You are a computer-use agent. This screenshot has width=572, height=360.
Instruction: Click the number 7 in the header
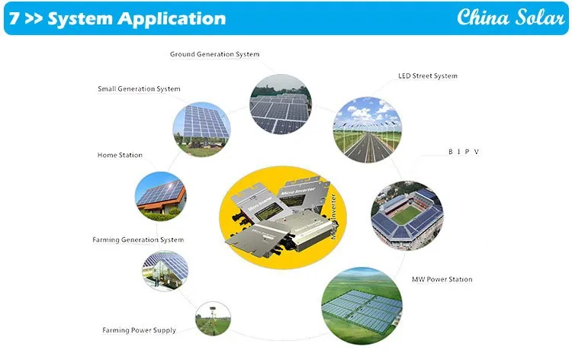click(x=14, y=18)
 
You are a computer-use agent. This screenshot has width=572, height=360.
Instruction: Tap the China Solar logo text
click(x=511, y=17)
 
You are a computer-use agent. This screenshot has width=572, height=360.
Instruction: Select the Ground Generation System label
click(x=214, y=54)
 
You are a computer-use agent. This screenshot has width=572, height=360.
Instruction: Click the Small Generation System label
click(x=139, y=89)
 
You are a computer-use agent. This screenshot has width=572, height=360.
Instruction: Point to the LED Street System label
click(x=428, y=76)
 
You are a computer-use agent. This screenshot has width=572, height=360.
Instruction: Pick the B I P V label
click(x=464, y=151)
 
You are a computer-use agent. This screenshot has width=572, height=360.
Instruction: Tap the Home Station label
click(x=120, y=155)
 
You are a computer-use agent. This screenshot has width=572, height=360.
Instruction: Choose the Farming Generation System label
click(x=138, y=239)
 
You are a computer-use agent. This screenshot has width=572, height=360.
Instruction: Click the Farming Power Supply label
click(x=139, y=330)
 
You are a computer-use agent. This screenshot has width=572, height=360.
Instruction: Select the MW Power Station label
click(x=442, y=279)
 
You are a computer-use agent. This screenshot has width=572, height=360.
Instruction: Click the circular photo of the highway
click(x=368, y=130)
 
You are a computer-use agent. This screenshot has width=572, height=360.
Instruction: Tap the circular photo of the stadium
click(x=407, y=215)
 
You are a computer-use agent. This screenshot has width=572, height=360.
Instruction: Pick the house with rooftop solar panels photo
click(x=160, y=196)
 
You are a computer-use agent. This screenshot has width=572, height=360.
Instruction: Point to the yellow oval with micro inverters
click(x=283, y=217)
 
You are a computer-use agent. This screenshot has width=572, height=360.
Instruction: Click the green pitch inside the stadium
click(x=405, y=214)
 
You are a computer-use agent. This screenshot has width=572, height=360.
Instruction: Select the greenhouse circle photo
click(x=165, y=270)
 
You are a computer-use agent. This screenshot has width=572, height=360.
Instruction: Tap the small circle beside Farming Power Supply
click(x=213, y=318)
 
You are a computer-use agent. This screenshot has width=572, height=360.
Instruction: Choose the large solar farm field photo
click(x=362, y=306)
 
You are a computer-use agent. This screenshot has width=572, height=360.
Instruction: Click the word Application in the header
click(x=172, y=19)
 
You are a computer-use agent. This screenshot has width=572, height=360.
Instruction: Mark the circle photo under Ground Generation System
click(x=281, y=104)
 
